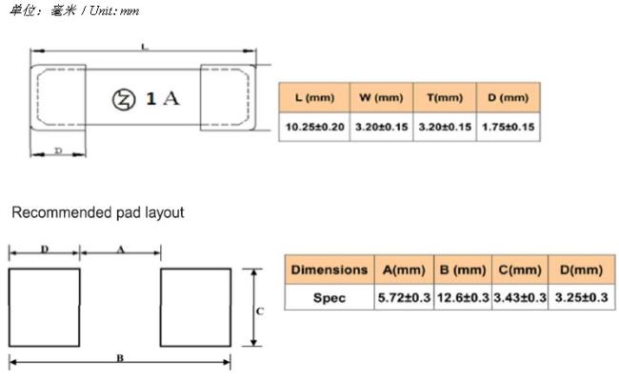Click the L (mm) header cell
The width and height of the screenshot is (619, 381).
(314, 97)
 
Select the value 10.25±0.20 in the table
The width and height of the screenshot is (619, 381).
(314, 127)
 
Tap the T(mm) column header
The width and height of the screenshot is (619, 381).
(445, 97)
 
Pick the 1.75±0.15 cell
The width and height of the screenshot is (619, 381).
(509, 127)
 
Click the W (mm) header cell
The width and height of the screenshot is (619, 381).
(381, 97)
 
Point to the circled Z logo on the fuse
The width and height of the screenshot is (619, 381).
(124, 100)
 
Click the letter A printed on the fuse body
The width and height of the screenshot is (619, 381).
(171, 98)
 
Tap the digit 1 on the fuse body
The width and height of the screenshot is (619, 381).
(150, 98)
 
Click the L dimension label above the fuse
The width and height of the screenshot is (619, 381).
(145, 48)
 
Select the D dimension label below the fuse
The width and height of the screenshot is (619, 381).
(58, 150)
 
